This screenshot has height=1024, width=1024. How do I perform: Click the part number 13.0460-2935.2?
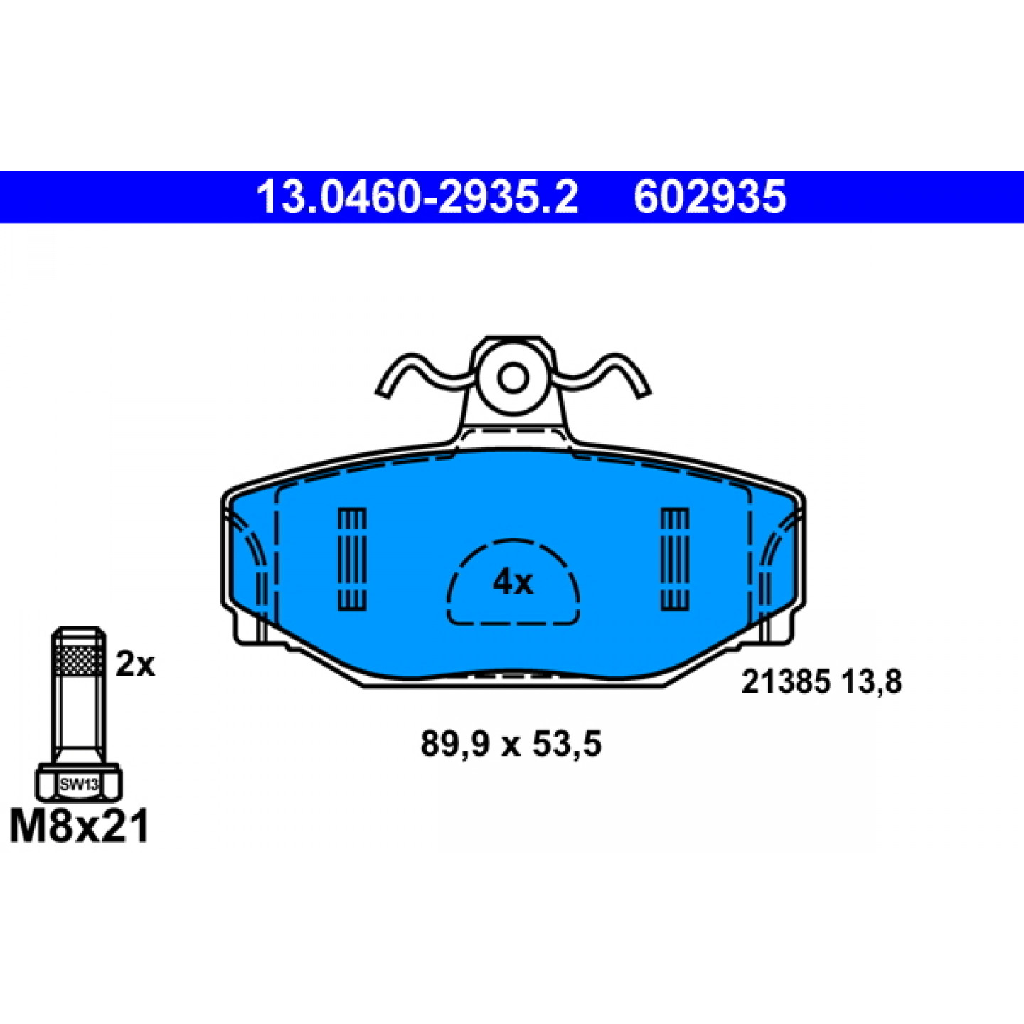[x=417, y=197]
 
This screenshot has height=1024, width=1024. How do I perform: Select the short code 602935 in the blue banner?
[x=710, y=197]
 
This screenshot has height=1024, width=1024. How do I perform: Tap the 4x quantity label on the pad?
[x=512, y=583]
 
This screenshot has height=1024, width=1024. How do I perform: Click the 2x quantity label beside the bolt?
[x=135, y=664]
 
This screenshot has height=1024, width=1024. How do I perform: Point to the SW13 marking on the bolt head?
[x=79, y=784]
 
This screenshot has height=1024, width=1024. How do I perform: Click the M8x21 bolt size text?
[x=79, y=827]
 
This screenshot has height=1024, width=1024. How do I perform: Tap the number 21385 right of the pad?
[x=785, y=682]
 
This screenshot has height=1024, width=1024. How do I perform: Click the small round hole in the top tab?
[x=513, y=378]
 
